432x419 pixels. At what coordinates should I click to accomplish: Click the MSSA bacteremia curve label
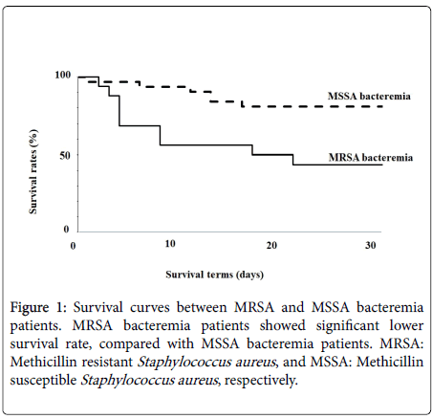click(369, 96)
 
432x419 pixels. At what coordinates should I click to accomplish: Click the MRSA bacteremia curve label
click(371, 157)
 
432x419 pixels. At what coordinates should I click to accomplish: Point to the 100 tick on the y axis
click(62, 75)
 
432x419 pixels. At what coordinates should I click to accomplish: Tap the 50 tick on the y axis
click(65, 156)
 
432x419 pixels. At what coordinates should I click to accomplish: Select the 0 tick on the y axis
click(66, 229)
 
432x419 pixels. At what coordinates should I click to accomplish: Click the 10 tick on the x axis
click(170, 244)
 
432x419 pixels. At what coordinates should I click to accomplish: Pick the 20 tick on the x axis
click(271, 245)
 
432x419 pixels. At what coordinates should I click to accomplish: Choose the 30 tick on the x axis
click(371, 245)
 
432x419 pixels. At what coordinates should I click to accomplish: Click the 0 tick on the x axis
click(73, 246)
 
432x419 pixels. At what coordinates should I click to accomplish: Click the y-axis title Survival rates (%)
click(33, 171)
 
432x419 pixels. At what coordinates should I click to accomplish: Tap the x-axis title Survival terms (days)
click(215, 275)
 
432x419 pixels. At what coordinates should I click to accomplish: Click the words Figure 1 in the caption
click(38, 307)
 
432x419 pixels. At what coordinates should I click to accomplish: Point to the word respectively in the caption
click(261, 380)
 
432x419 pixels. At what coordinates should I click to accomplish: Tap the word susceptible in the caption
click(43, 380)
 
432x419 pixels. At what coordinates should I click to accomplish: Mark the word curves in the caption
click(150, 307)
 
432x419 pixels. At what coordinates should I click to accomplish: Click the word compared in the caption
click(129, 343)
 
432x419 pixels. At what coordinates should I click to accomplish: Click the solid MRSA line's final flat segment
click(337, 165)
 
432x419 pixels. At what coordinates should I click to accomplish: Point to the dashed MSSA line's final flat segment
click(313, 106)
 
